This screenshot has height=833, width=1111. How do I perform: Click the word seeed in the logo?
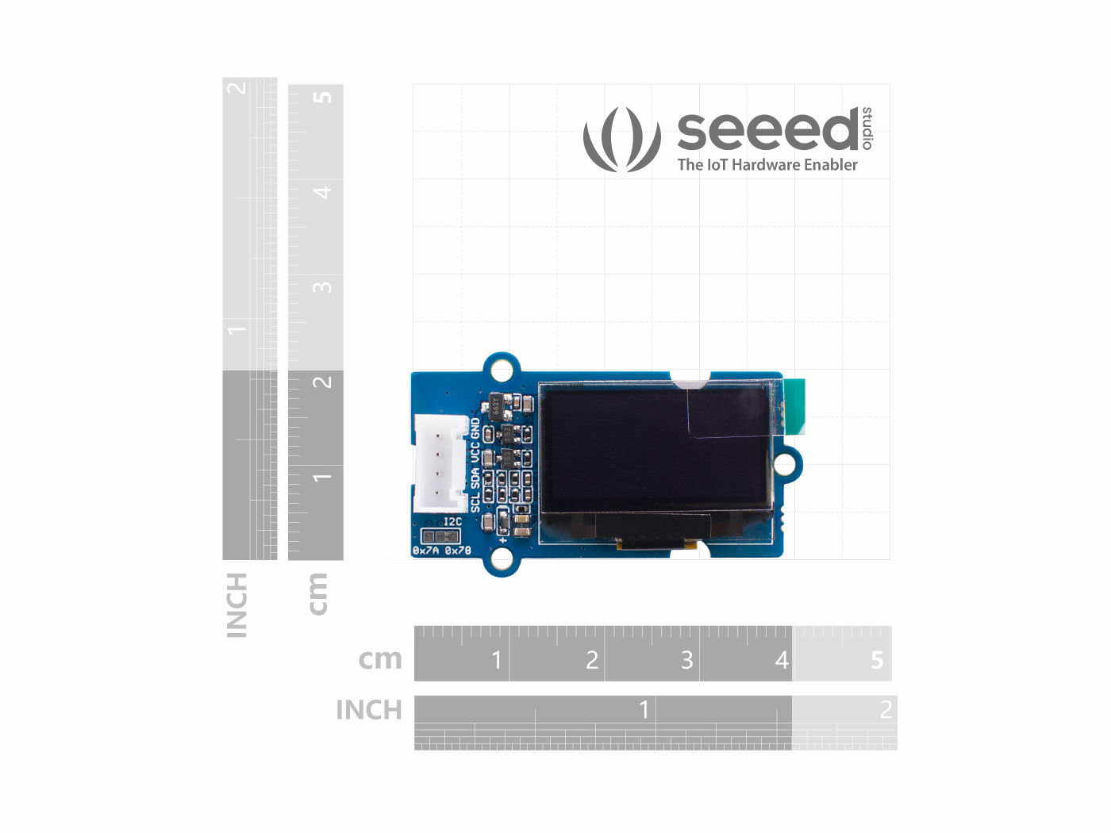click(x=767, y=131)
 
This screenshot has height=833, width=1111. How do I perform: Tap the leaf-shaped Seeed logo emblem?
click(x=621, y=140)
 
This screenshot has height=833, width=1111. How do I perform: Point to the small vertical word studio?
click(x=867, y=128)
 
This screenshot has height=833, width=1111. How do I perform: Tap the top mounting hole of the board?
click(x=502, y=370)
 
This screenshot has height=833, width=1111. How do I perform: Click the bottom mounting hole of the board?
click(x=502, y=559)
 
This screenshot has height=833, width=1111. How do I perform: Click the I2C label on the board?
click(x=452, y=522)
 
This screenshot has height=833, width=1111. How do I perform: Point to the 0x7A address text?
click(x=426, y=550)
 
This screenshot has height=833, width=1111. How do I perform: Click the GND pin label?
click(x=475, y=428)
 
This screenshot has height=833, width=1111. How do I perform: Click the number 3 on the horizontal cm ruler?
click(x=687, y=659)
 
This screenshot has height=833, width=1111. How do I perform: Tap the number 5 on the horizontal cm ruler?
click(x=877, y=659)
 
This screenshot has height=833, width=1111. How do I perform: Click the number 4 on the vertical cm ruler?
click(x=322, y=192)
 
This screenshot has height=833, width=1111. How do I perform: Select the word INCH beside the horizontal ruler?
click(x=369, y=710)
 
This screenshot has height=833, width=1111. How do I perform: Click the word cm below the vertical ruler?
click(x=317, y=593)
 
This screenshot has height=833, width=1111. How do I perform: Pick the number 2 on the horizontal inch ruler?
click(x=886, y=709)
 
